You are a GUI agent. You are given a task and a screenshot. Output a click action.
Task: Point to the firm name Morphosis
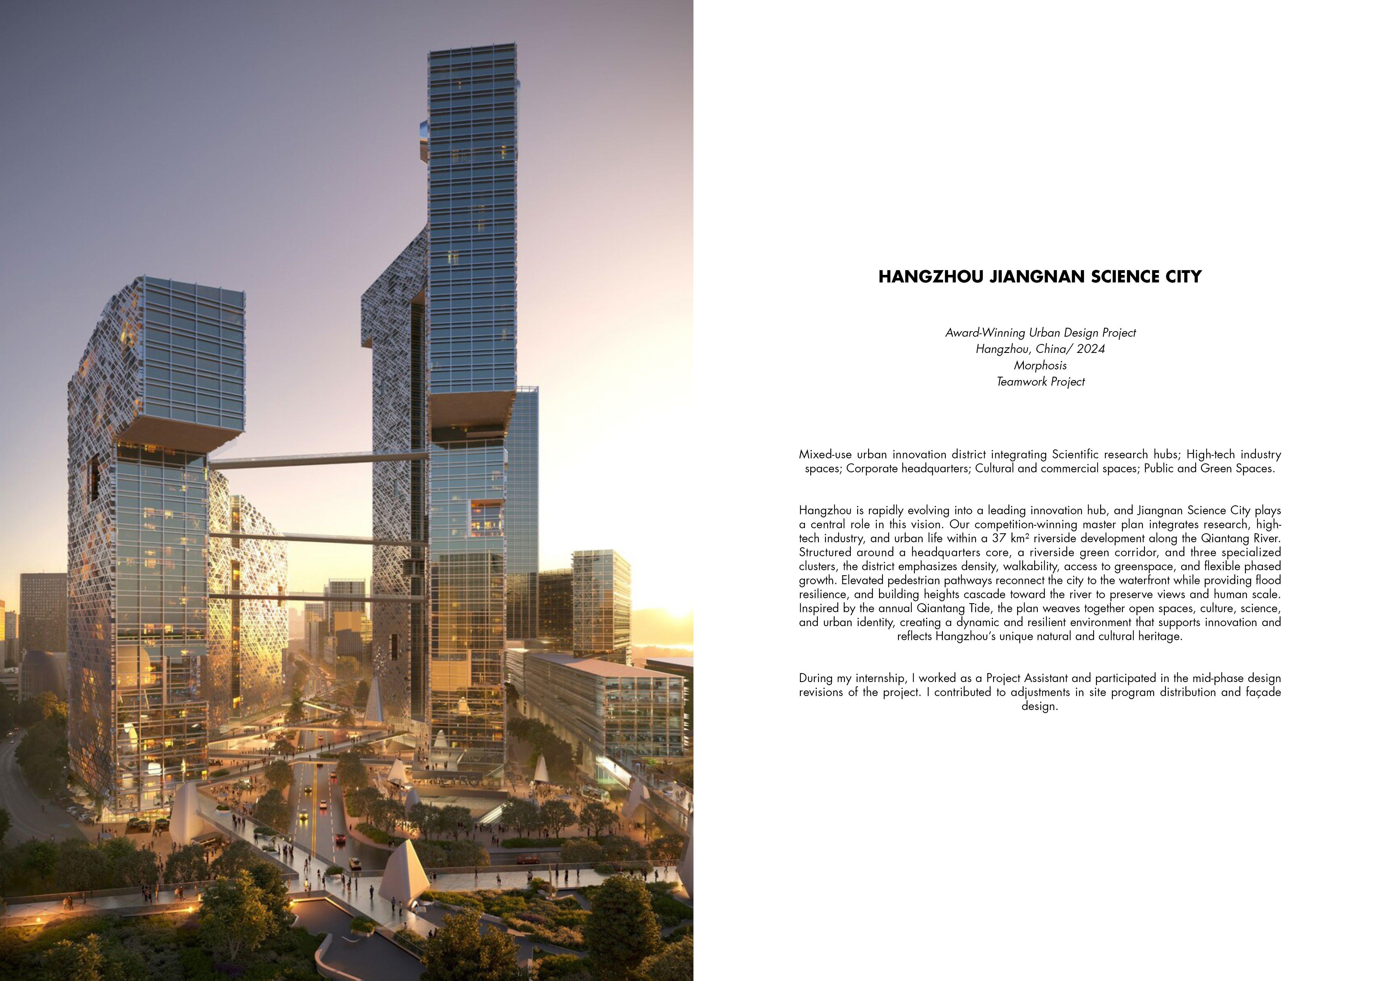[x=1040, y=365]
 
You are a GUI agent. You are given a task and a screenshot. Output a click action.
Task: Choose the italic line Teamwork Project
[x=1040, y=382]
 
